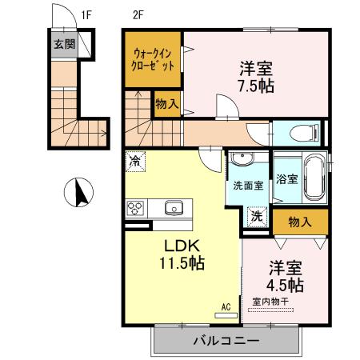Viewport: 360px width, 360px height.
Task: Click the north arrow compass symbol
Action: [79, 193]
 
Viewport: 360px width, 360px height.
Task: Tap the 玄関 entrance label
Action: [64, 44]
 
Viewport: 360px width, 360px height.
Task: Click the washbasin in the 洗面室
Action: [242, 164]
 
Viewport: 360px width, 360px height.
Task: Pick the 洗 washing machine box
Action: [257, 216]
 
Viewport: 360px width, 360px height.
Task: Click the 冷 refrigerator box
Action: [135, 162]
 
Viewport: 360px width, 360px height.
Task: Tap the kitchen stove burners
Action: [136, 209]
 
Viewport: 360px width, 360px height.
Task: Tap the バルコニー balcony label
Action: [225, 341]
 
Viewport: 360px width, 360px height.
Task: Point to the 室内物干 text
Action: [272, 302]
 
